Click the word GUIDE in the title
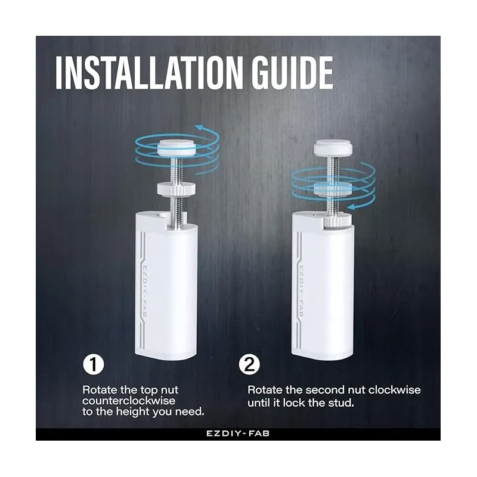click(x=292, y=73)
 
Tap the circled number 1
click(x=94, y=364)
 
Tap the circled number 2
click(x=249, y=364)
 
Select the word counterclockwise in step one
click(x=129, y=401)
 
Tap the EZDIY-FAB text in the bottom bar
click(x=238, y=433)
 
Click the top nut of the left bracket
click(x=177, y=147)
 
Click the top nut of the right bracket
click(x=333, y=147)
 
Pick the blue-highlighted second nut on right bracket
click(x=333, y=188)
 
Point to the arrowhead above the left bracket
click(x=200, y=128)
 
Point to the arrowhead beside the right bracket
click(x=352, y=207)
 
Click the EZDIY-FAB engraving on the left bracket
click(x=144, y=291)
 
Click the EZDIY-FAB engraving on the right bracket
click(x=301, y=291)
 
